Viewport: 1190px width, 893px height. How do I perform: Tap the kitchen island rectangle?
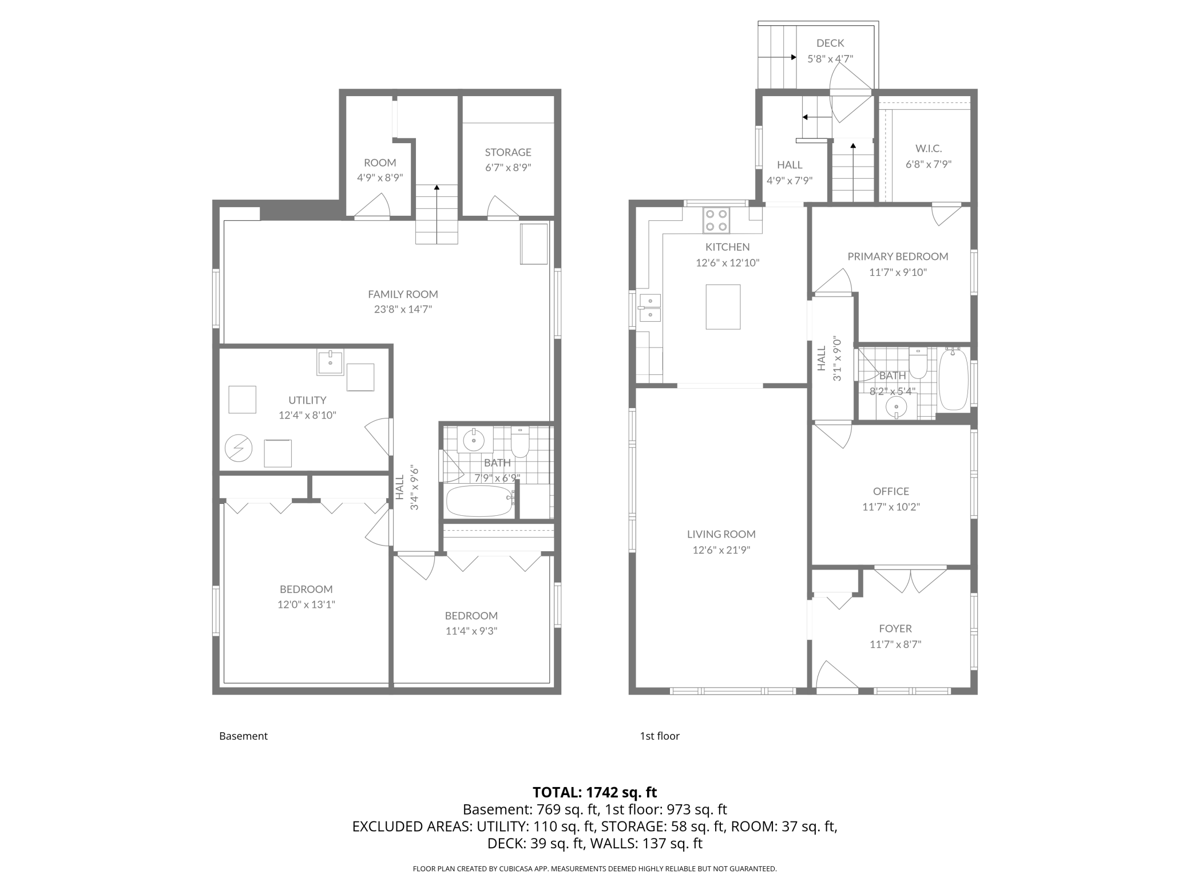point(723,307)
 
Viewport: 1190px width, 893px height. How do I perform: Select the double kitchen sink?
point(650,307)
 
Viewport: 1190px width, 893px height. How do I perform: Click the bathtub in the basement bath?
point(479,501)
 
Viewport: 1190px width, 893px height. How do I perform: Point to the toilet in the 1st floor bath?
point(918,364)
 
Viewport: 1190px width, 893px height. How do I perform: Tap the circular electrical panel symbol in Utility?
point(238,449)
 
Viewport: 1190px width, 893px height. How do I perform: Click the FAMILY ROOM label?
point(403,294)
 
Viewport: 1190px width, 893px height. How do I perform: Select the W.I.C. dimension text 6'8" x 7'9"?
point(928,164)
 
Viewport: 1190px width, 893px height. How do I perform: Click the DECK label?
point(830,43)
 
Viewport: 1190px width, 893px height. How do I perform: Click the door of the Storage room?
point(502,207)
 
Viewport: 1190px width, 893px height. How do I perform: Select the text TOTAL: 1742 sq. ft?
point(594,792)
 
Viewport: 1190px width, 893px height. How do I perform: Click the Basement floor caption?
point(243,736)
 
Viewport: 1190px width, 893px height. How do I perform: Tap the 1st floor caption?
point(659,736)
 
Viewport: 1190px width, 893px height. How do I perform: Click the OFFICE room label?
point(891,491)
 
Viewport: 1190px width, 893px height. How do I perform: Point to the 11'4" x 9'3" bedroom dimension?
point(471,631)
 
